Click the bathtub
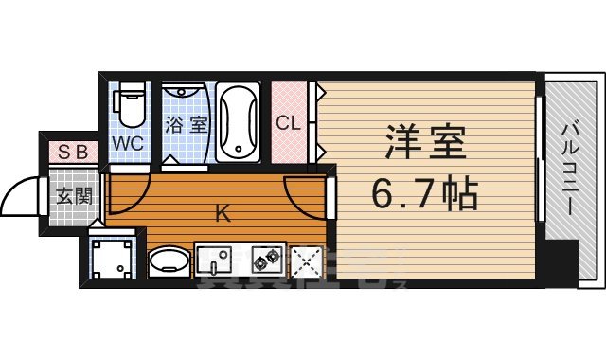coord(240,121)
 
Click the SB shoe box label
coord(71,152)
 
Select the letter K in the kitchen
coord(223,214)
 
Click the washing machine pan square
coord(111,258)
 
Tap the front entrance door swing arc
coord(21,197)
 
